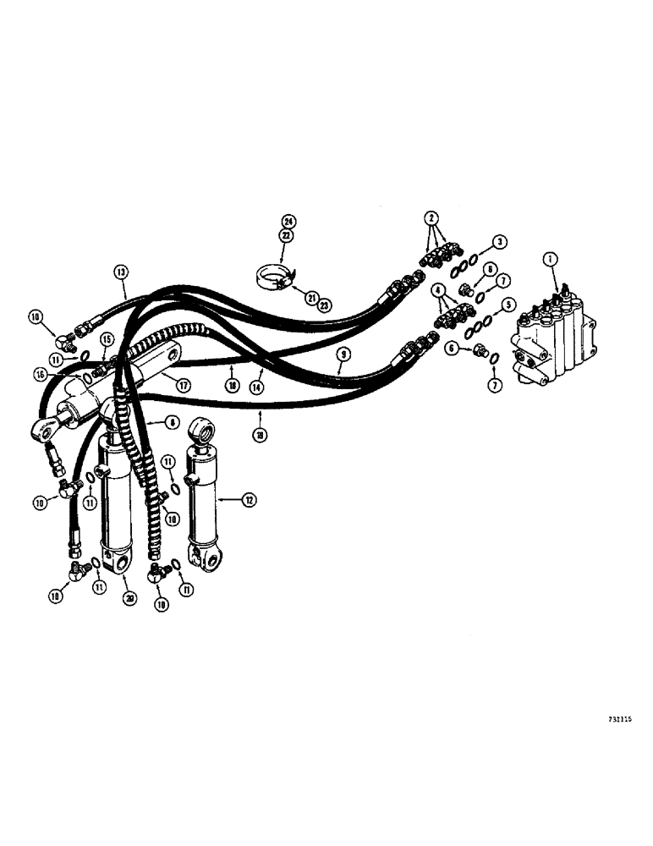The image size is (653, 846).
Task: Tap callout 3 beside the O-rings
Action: (x=502, y=242)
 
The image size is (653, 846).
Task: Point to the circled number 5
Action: (x=508, y=303)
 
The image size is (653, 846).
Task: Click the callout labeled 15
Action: (x=105, y=339)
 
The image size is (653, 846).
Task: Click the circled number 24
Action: (x=291, y=222)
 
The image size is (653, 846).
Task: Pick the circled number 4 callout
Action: (x=438, y=289)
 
